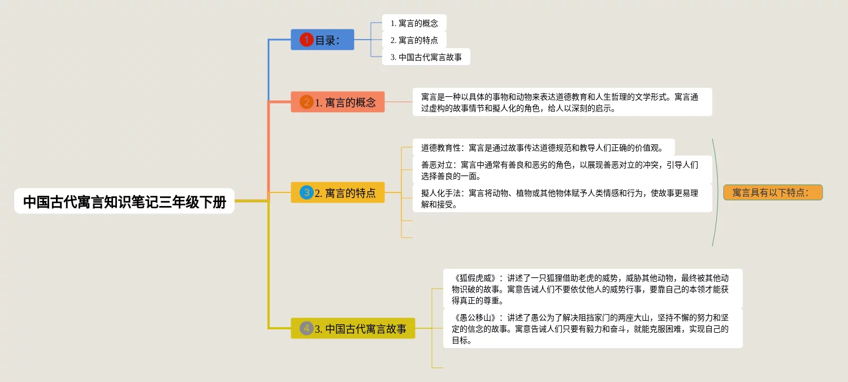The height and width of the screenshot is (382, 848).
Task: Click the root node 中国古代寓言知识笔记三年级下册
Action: [x=124, y=201]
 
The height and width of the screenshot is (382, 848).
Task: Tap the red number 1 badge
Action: [x=306, y=40]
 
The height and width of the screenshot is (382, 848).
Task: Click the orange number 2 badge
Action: [x=306, y=102]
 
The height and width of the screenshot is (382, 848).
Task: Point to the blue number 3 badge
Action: [x=306, y=192]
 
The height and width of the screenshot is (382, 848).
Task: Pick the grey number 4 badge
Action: [x=306, y=328]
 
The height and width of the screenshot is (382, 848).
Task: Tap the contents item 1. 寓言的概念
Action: [x=414, y=23]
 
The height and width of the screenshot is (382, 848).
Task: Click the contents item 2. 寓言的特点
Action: [x=414, y=40]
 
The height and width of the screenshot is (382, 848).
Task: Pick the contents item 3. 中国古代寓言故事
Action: [x=426, y=57]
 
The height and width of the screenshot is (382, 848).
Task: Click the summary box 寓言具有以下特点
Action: [x=772, y=193]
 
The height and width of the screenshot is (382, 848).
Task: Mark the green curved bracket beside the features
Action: [x=718, y=192]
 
